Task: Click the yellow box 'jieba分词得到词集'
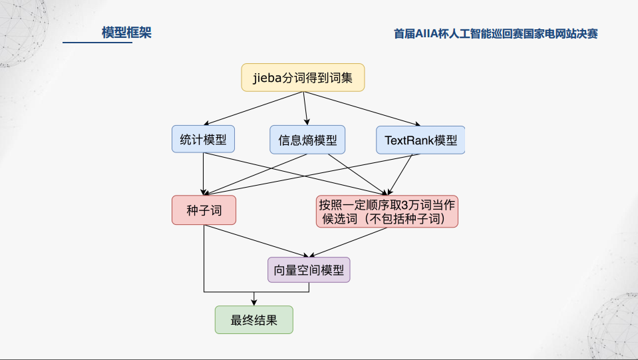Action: [303, 78]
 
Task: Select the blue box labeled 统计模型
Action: [204, 139]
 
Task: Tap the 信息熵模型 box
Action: [307, 140]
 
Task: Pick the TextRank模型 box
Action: [420, 140]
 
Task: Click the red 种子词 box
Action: [204, 210]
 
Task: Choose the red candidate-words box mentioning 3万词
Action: [387, 211]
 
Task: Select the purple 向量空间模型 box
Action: [308, 270]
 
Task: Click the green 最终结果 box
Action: [253, 319]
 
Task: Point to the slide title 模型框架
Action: [126, 32]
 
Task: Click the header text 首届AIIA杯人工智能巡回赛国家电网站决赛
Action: [495, 33]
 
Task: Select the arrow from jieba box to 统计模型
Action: [253, 108]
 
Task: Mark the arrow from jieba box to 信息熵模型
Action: [305, 108]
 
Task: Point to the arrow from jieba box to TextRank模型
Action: [363, 108]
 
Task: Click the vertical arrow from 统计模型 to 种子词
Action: [204, 174]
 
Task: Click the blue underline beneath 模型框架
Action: [97, 43]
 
